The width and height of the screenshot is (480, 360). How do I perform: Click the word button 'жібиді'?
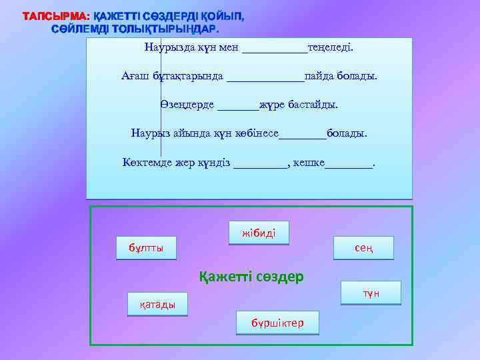click(259, 233)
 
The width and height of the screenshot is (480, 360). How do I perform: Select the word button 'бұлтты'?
click(146, 248)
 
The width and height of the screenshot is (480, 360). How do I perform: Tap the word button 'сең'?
click(363, 248)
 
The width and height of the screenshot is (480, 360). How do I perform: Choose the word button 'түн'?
click(371, 293)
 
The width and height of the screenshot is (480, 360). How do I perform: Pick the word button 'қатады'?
click(158, 305)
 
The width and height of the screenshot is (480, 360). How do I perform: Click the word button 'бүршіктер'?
click(277, 323)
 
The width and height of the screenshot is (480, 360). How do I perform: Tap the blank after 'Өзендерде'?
click(238, 106)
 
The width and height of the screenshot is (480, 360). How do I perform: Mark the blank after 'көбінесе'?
click(303, 134)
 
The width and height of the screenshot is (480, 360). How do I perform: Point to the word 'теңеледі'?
click(330, 48)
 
